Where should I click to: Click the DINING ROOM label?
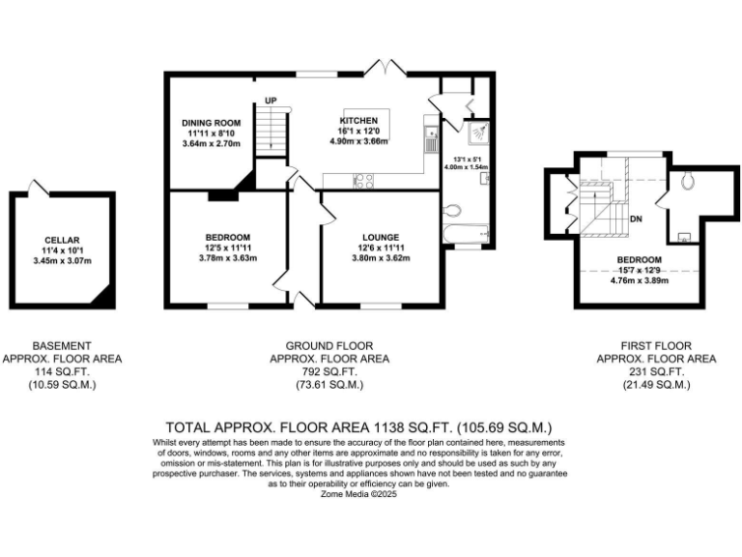212,123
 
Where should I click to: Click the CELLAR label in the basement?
61,240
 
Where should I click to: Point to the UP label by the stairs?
271,100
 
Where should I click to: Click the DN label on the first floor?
636,220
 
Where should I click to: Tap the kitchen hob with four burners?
364,180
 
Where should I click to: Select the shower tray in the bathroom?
478,133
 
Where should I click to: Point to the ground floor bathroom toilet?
452,209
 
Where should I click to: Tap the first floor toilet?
688,181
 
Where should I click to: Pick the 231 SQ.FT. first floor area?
656,371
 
